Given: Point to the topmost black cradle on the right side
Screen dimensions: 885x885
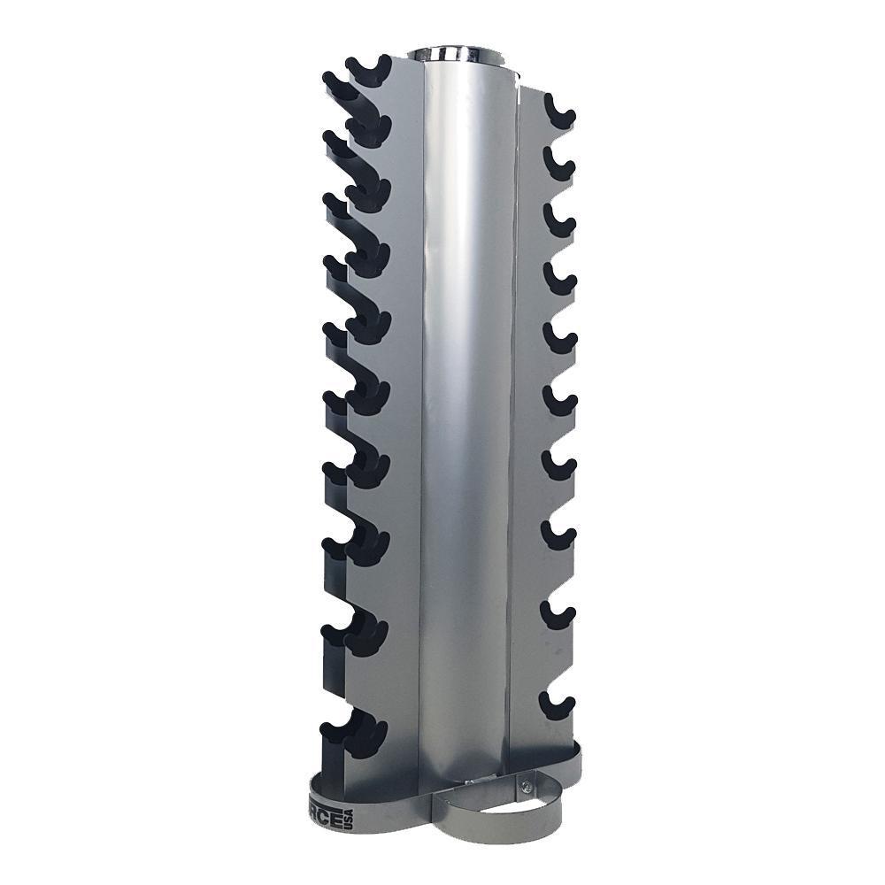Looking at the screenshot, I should click(558, 111).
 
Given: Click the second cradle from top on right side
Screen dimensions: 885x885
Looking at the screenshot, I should click(558, 164).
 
